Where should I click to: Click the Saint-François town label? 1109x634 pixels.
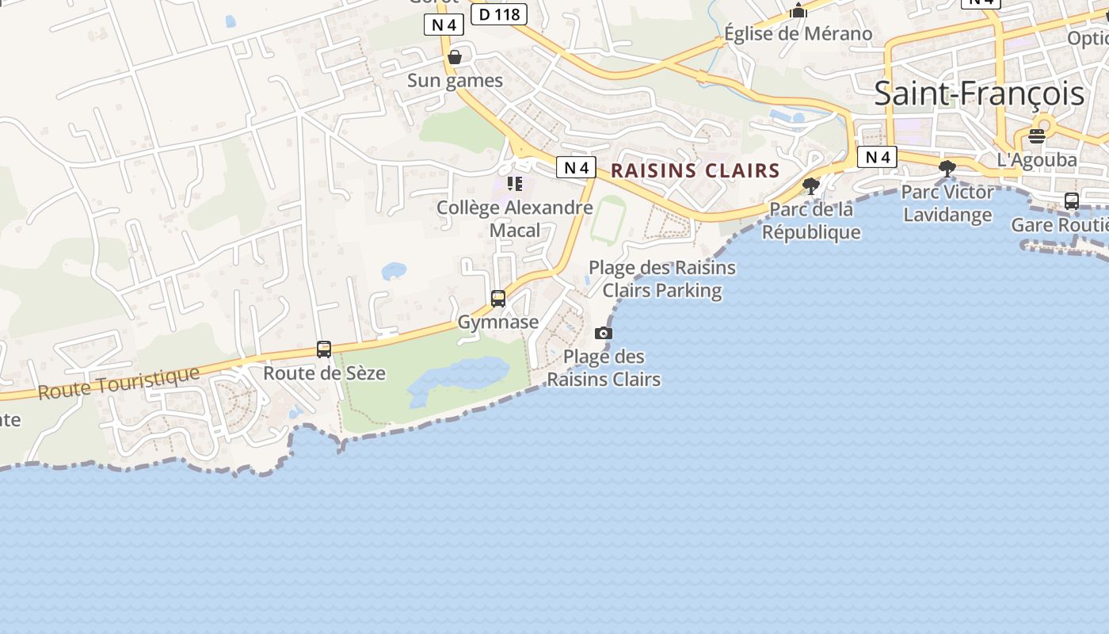click(978, 94)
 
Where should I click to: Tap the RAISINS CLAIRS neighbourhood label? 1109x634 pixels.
click(696, 170)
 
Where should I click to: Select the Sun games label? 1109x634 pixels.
click(455, 81)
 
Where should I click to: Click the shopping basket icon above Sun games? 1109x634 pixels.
click(455, 57)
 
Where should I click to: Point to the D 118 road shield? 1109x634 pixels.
click(498, 14)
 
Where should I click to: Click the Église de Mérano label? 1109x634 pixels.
click(798, 34)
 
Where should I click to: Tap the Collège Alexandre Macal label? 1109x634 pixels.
click(515, 219)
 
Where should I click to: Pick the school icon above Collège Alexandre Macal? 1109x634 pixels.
click(515, 184)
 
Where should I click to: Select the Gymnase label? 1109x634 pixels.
click(497, 323)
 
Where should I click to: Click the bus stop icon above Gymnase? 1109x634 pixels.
click(498, 299)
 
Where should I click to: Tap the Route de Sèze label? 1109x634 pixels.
click(324, 373)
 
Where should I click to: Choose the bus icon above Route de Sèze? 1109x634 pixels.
click(324, 349)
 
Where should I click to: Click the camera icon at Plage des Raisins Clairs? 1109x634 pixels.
click(604, 333)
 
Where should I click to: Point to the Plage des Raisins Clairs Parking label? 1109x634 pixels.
click(662, 279)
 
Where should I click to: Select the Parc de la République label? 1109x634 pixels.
click(811, 221)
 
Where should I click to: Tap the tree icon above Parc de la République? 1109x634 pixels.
click(810, 186)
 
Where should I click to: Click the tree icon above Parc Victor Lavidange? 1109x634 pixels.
click(947, 168)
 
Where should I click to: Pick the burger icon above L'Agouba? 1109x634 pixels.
click(1037, 136)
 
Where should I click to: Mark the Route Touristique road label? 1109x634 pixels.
click(119, 382)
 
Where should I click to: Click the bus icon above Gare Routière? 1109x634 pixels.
click(1071, 201)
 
